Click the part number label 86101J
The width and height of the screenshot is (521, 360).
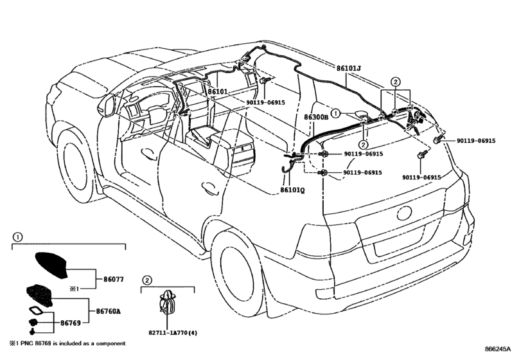point(349,69)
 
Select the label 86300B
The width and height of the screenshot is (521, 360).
point(316,118)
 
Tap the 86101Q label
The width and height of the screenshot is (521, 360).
point(292,190)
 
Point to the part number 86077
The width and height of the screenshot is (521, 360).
point(113,279)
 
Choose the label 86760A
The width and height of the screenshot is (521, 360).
point(108,312)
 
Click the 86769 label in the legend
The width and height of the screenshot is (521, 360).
point(71,323)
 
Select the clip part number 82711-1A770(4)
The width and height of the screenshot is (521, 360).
point(172,332)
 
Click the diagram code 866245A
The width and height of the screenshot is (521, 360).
point(497,349)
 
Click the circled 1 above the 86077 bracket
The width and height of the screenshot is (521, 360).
point(17,237)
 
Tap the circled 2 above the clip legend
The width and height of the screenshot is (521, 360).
point(146,280)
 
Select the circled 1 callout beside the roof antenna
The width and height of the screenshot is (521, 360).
point(335,113)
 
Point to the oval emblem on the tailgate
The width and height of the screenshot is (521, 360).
point(404,213)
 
